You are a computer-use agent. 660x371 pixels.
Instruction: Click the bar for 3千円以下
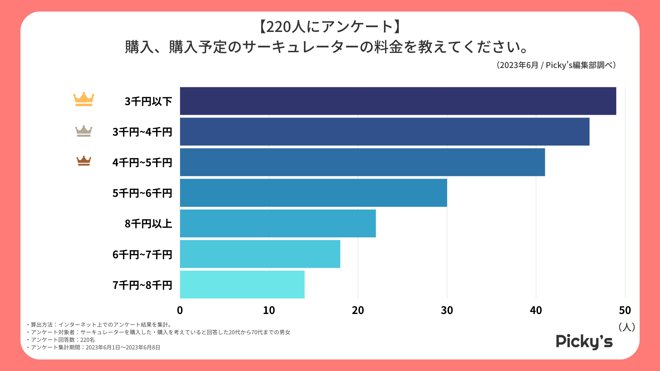click(398, 101)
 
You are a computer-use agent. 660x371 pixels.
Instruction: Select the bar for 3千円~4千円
click(384, 132)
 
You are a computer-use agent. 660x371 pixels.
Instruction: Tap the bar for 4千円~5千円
click(362, 162)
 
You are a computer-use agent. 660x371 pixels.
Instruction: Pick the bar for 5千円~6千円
click(313, 193)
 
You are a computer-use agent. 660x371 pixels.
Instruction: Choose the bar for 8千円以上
click(278, 223)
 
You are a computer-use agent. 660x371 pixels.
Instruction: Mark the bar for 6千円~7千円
click(260, 254)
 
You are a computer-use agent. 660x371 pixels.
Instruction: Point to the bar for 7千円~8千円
click(242, 284)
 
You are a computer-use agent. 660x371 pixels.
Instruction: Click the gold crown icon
click(84, 99)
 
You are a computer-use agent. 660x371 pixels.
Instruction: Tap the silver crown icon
click(84, 131)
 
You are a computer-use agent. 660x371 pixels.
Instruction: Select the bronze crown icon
click(84, 161)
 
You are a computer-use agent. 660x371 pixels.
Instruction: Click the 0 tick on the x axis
click(180, 310)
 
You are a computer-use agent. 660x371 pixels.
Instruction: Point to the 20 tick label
click(358, 310)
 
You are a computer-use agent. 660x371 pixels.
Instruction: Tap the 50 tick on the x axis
click(625, 310)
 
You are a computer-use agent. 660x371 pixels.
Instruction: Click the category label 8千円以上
click(148, 224)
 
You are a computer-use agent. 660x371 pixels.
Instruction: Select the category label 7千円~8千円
click(142, 285)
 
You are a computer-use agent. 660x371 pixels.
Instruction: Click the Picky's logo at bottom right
click(584, 341)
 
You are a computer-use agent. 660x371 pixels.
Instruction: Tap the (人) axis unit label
click(626, 327)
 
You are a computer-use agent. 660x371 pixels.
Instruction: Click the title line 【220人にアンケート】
click(330, 27)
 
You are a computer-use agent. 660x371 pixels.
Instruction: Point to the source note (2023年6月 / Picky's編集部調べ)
click(556, 65)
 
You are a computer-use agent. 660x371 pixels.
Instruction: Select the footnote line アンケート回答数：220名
click(62, 340)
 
